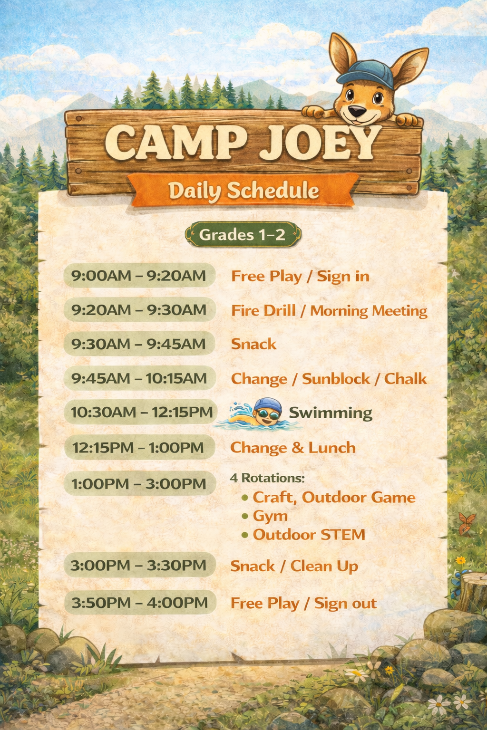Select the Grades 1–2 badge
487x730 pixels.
point(243,235)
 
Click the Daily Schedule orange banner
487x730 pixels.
point(243,191)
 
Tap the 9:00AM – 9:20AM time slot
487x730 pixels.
point(139,276)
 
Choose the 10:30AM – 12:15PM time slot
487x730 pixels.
point(141,412)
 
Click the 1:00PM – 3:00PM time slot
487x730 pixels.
point(139,484)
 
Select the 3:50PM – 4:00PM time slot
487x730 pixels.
point(140,603)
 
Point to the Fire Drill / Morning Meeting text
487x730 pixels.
point(329,311)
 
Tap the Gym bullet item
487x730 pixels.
point(270,516)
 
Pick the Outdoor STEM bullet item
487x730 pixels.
point(309,535)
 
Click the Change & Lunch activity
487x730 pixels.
point(293,448)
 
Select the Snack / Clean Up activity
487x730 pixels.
point(294,566)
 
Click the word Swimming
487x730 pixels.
point(331,413)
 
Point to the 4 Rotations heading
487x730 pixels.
point(267,478)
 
